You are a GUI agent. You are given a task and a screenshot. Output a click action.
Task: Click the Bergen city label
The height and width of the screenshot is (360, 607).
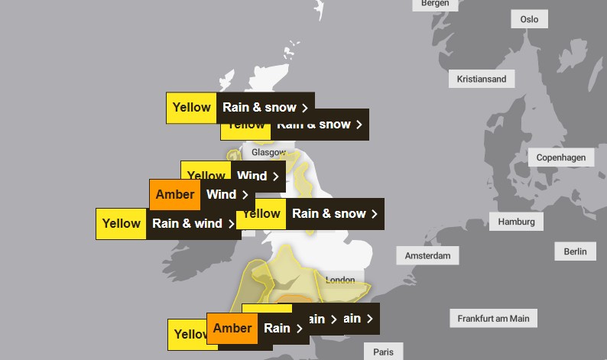(435, 4)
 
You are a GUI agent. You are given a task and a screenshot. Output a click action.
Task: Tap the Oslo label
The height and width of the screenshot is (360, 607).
(529, 19)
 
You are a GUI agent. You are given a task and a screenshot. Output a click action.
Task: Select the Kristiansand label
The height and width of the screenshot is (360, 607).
(481, 79)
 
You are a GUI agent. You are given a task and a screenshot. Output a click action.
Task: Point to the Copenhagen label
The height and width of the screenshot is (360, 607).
(560, 157)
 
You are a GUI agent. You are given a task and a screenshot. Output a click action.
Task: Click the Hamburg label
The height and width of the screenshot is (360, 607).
(517, 222)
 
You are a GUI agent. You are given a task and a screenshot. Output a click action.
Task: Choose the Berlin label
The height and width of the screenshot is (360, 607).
(575, 251)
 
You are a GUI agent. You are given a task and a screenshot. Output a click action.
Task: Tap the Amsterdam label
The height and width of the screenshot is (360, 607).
(427, 255)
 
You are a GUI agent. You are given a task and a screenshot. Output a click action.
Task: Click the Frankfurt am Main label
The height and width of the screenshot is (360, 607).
(493, 318)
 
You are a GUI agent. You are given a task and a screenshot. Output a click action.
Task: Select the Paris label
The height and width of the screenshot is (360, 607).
(383, 352)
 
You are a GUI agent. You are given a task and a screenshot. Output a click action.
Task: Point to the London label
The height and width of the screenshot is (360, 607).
(340, 280)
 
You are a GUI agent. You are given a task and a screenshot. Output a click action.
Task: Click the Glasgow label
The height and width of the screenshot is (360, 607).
(268, 152)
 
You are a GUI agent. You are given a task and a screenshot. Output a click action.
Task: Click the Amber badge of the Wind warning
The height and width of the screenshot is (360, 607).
(175, 194)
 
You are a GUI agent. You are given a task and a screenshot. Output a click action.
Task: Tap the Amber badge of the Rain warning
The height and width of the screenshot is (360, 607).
(232, 328)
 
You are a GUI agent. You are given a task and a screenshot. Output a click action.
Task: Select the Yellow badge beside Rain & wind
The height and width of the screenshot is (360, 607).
(121, 224)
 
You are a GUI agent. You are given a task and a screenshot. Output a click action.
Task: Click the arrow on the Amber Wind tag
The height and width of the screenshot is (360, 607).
(245, 195)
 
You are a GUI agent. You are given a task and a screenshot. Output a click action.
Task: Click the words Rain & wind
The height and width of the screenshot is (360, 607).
(187, 224)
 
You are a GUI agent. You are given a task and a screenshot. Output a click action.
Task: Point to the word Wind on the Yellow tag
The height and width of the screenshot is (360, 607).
(252, 176)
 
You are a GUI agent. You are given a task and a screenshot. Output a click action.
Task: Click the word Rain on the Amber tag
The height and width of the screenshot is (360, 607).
(277, 328)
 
